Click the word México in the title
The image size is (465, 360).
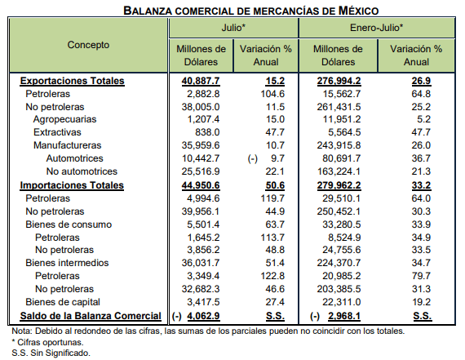[358, 11]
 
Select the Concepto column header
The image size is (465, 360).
[88, 45]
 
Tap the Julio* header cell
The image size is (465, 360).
[233, 28]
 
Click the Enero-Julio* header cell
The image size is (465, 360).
[376, 28]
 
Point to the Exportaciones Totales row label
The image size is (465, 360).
[72, 81]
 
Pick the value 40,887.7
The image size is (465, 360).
[201, 81]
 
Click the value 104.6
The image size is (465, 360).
[272, 94]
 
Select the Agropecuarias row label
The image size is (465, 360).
[64, 119]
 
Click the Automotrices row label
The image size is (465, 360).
[75, 158]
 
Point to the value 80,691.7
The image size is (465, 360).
[342, 158]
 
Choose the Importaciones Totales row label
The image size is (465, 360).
[72, 185]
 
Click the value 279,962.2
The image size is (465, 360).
[339, 185]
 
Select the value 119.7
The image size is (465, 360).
[272, 198]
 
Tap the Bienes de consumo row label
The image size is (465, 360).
[69, 224]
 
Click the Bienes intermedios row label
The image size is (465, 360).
[67, 263]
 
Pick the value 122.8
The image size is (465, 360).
[272, 276]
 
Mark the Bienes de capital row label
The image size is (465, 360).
[63, 302]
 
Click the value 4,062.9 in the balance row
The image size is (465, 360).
[203, 316]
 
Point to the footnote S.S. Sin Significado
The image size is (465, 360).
[51, 353]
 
